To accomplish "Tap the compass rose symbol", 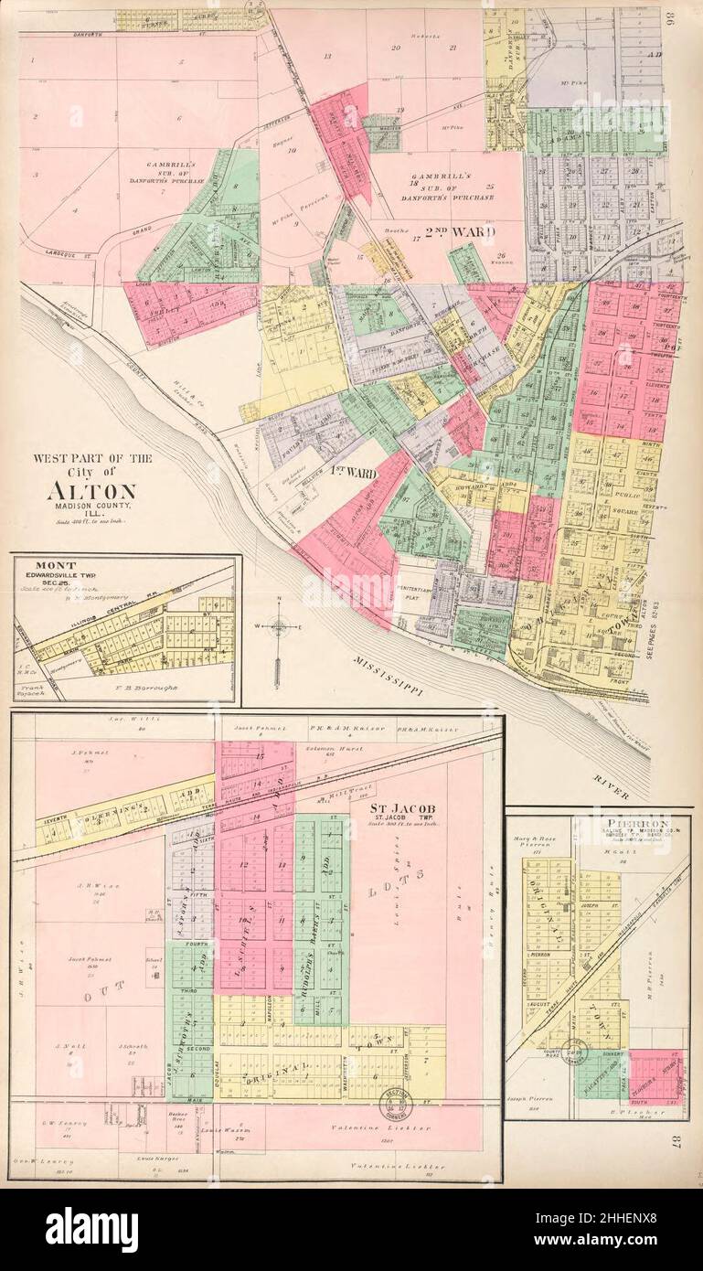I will pos(281,627).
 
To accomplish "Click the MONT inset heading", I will pos(57,566).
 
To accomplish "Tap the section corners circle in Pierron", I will pos(577,1052).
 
